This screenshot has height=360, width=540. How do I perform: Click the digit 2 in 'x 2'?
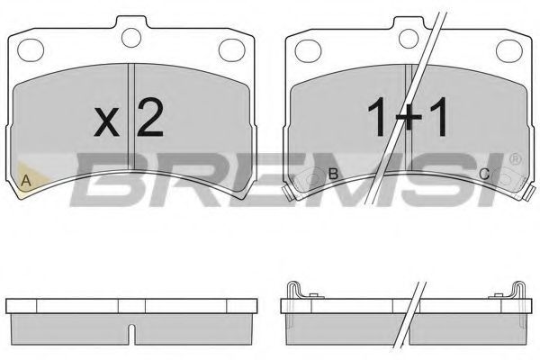[148, 118]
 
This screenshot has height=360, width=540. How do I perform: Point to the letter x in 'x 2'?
[106, 122]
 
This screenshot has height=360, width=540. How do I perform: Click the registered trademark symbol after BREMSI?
[515, 159]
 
